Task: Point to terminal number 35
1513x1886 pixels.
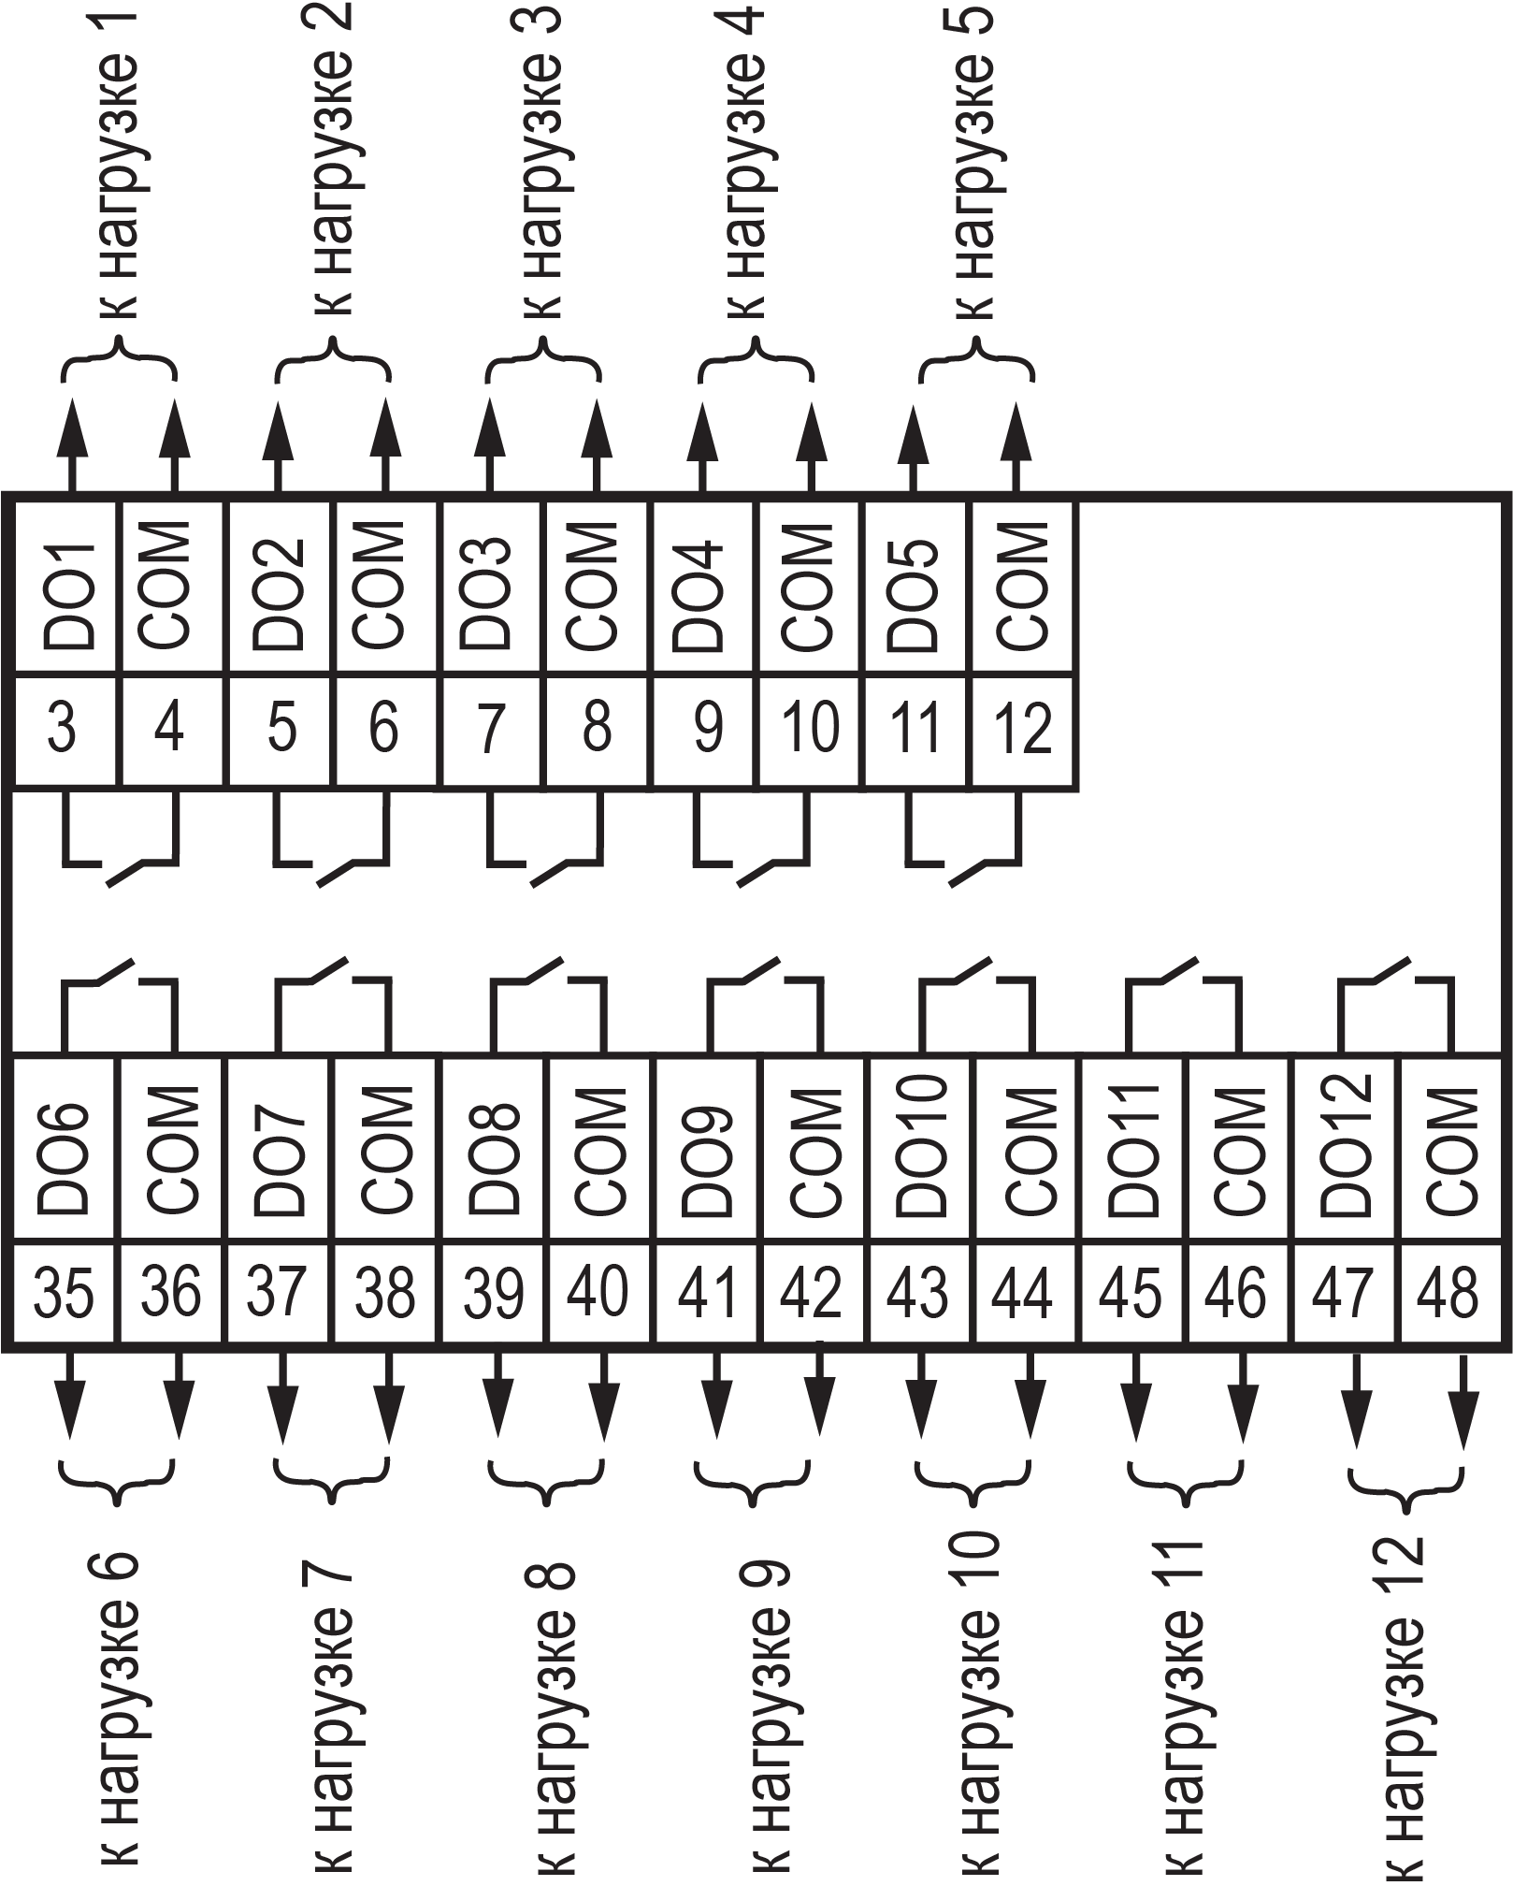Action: (x=65, y=1292)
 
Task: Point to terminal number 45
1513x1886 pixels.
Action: (x=1131, y=1292)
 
